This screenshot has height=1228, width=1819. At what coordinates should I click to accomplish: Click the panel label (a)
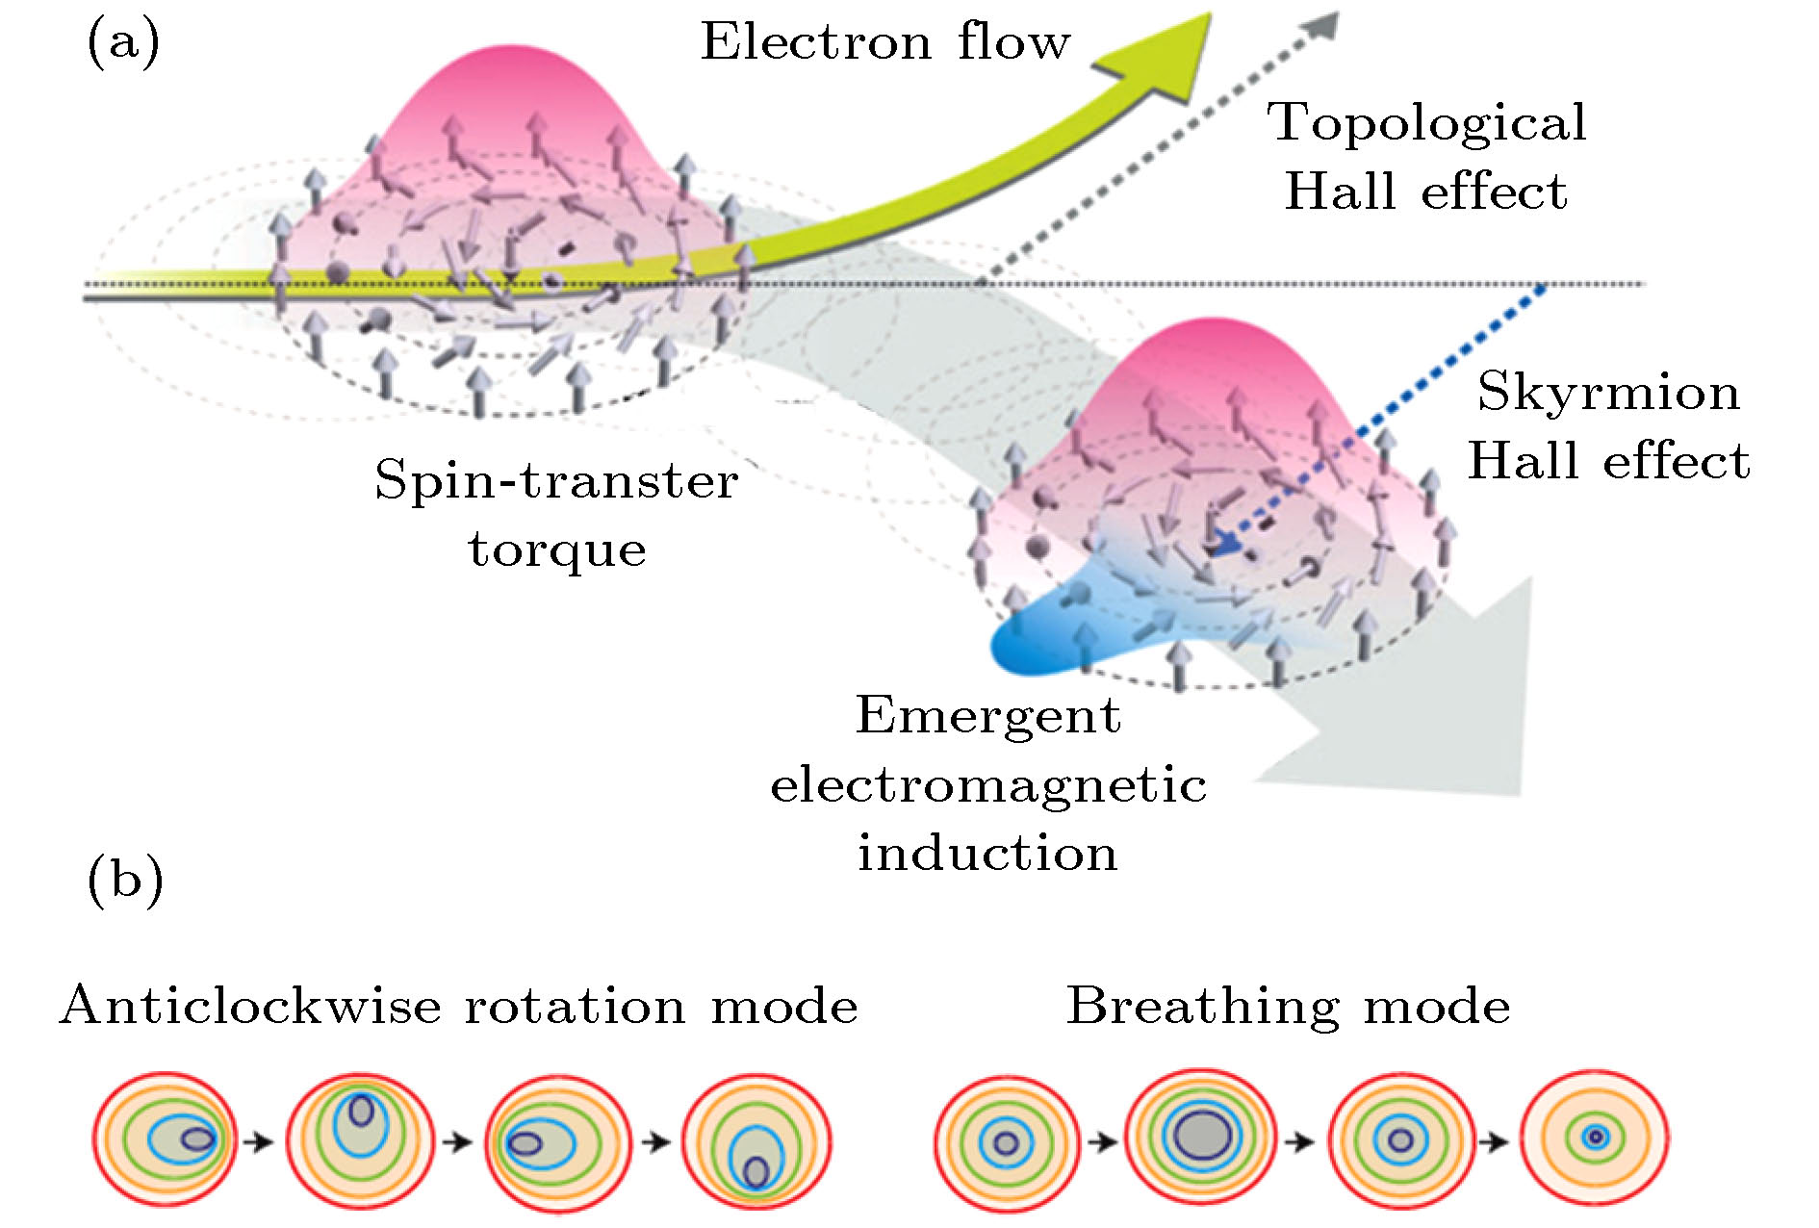123,42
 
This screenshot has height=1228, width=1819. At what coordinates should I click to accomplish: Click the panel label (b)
125,880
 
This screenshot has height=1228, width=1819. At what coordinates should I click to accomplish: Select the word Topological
1426,123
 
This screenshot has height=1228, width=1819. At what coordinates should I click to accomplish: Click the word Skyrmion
1608,392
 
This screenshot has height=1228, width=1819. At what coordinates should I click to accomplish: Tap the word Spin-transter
556,480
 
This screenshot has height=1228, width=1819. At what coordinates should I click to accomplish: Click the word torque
557,550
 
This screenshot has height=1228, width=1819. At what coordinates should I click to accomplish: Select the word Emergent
988,715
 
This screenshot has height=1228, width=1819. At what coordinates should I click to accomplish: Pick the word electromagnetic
988,784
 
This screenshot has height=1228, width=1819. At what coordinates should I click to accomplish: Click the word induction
988,853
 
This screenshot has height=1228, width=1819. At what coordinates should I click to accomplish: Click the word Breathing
1202,1007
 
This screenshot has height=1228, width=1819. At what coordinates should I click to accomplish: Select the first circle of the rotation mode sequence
165,1139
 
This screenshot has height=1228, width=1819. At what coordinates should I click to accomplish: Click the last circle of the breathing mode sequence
1595,1138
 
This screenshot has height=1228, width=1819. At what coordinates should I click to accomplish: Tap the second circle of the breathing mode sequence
1200,1137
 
